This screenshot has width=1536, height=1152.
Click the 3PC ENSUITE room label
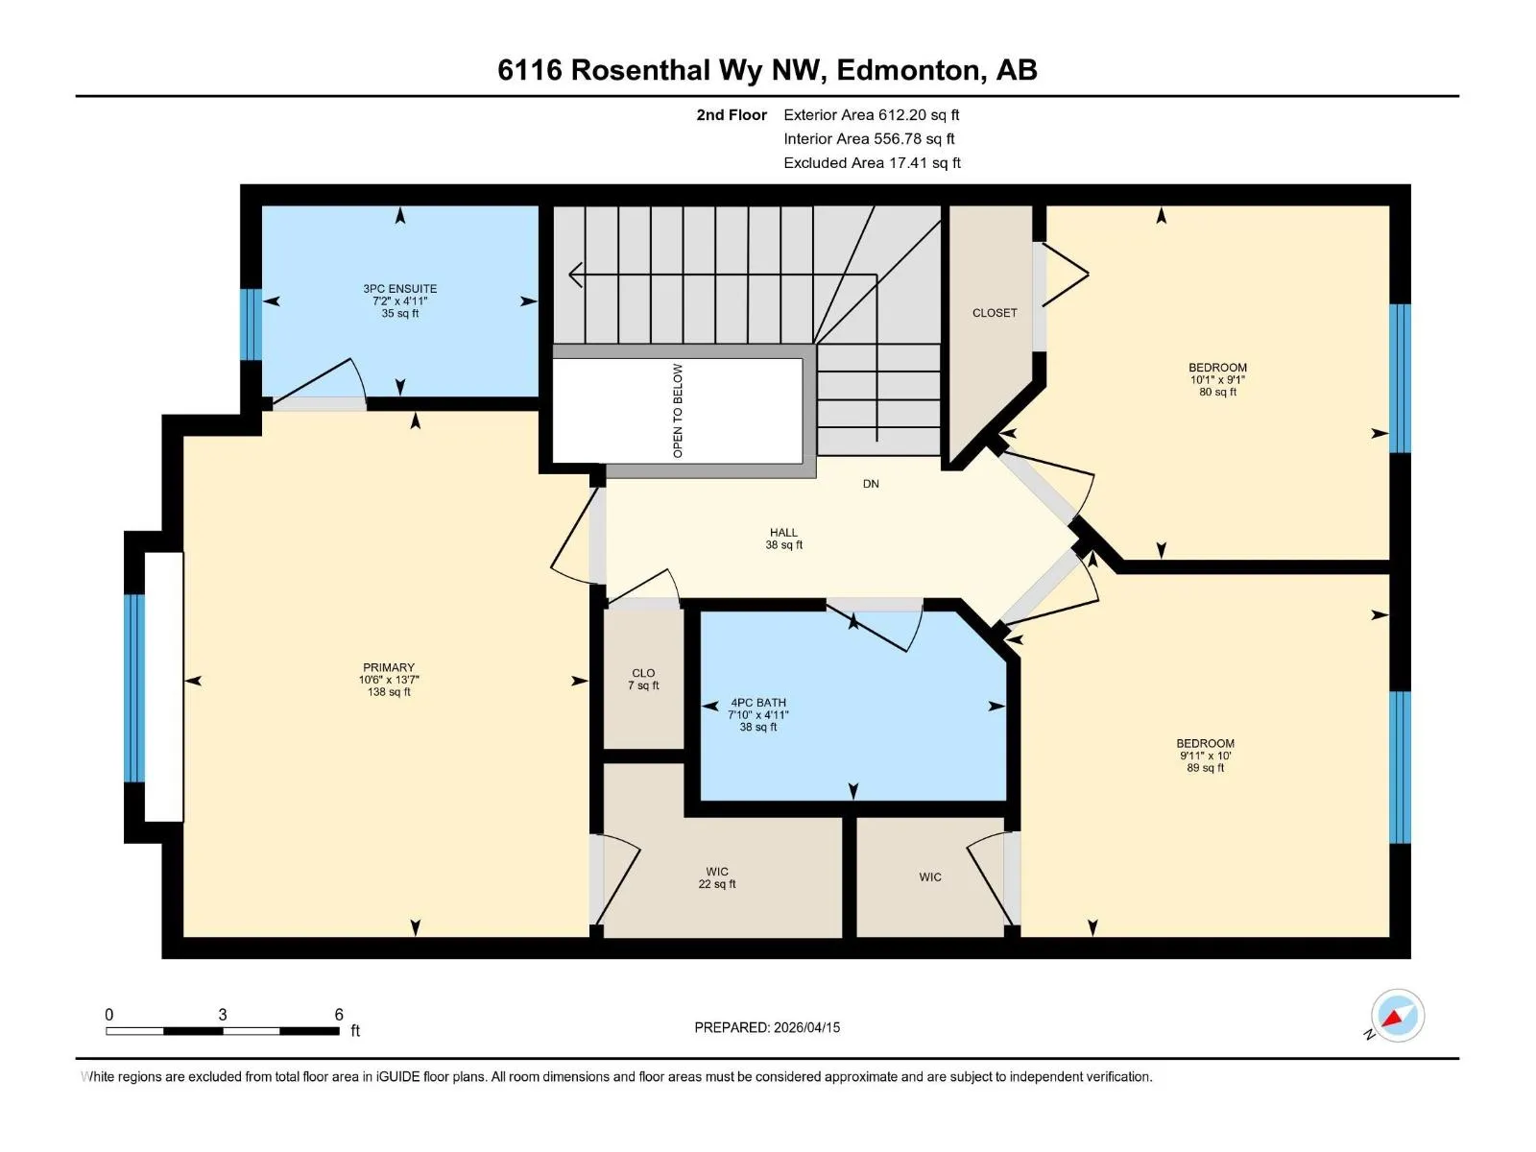tap(399, 300)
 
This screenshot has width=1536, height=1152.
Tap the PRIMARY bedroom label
tap(389, 679)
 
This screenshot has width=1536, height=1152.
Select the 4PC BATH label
tap(757, 714)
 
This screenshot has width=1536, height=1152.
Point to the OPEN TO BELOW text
tap(678, 411)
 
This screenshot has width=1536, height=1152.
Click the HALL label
tap(783, 539)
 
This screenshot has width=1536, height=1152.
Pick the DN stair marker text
tap(871, 483)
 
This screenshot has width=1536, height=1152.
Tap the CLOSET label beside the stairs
tap(995, 313)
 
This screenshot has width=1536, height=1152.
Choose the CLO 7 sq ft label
tap(643, 679)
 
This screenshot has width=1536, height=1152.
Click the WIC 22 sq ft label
tap(716, 877)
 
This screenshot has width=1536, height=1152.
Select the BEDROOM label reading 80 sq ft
tap(1217, 379)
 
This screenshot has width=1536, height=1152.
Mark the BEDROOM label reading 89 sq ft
tap(1205, 756)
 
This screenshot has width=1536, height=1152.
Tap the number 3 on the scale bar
tap(223, 1014)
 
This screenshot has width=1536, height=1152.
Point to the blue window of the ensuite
tap(252, 324)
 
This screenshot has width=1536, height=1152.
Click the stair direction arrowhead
tap(575, 275)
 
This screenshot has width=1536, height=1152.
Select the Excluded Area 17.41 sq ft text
tap(872, 163)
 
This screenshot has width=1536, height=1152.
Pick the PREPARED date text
tap(767, 1027)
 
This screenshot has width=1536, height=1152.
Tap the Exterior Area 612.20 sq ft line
tap(872, 114)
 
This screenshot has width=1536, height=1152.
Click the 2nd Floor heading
tap(732, 114)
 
